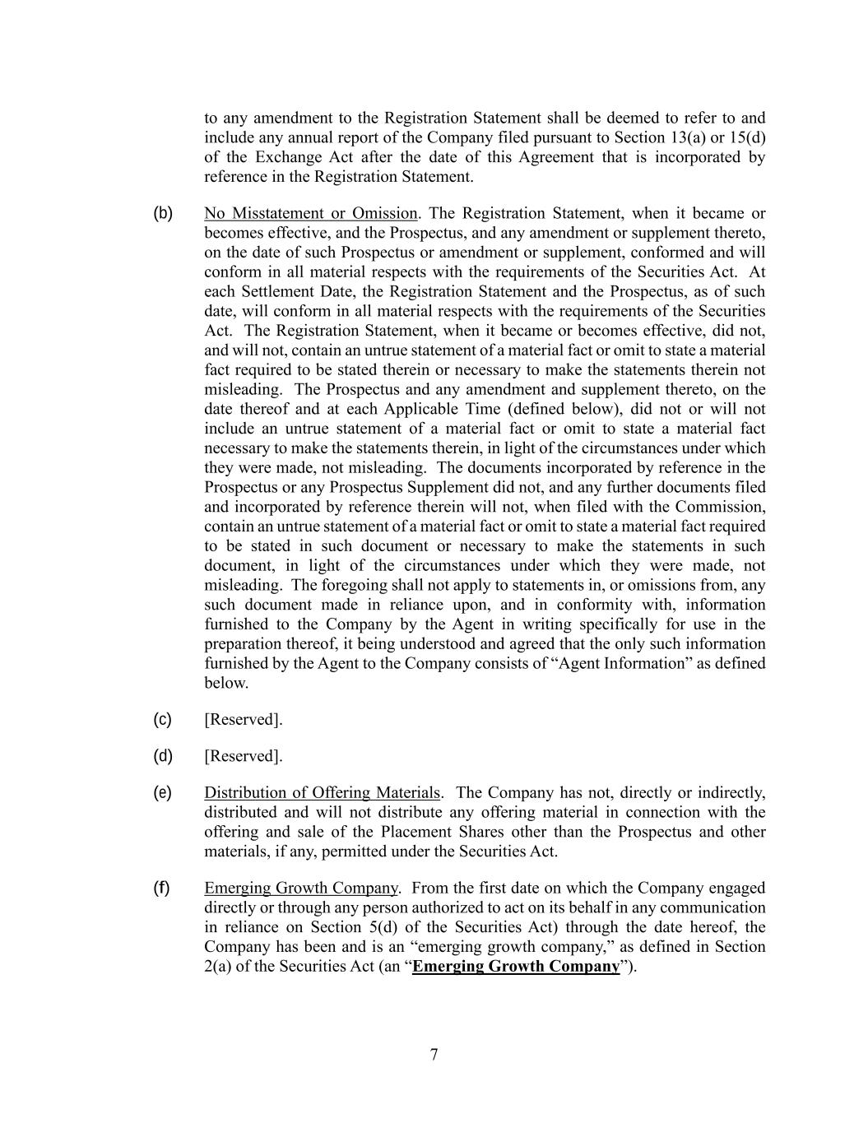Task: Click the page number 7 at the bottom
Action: [x=434, y=1056]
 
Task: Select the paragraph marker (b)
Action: [x=163, y=214]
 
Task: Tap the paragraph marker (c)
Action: [x=163, y=720]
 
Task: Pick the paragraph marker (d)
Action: [x=163, y=756]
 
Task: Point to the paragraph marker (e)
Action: [x=163, y=793]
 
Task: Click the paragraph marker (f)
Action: [x=162, y=889]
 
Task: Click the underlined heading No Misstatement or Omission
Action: [x=311, y=214]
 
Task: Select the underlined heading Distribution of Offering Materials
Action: [x=322, y=793]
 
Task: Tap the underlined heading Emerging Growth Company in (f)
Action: [x=301, y=889]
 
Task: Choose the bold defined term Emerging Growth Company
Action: [x=516, y=967]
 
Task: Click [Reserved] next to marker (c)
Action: [x=244, y=720]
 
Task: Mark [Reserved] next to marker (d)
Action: [x=244, y=756]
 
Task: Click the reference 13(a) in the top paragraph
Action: [x=690, y=137]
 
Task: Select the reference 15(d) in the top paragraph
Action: [x=748, y=137]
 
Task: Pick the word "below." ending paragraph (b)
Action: [x=226, y=684]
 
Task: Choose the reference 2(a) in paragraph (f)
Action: [x=218, y=967]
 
